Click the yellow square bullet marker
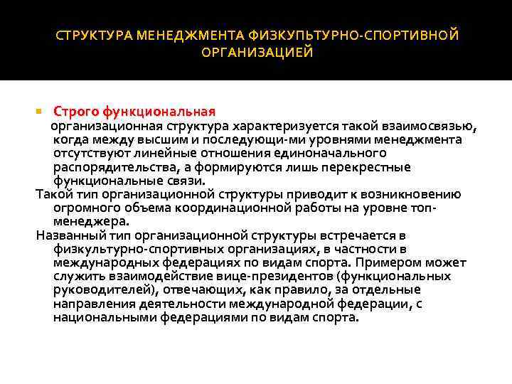coord(39,112)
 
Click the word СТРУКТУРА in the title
coord(93,35)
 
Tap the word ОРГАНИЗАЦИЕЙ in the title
coord(257,53)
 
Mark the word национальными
coord(103,317)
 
